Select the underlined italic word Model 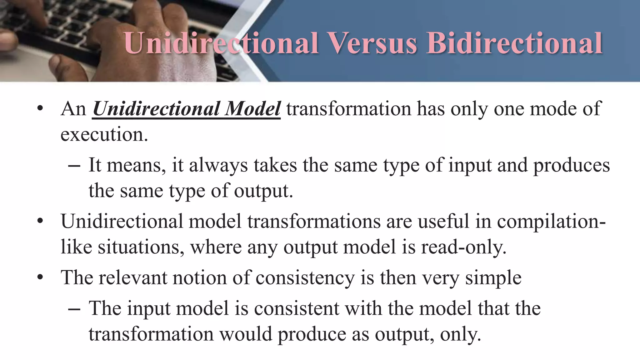pyautogui.click(x=253, y=109)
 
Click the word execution pyautogui.click(x=104, y=135)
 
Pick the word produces pyautogui.click(x=571, y=166)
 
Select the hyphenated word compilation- pyautogui.click(x=551, y=222)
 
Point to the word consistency pyautogui.click(x=305, y=278)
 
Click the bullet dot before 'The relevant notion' pyautogui.click(x=40, y=277)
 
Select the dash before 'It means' pyautogui.click(x=74, y=166)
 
